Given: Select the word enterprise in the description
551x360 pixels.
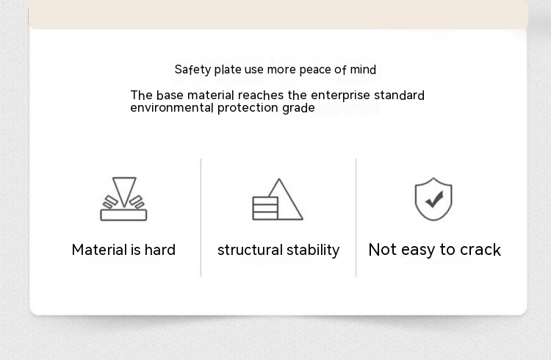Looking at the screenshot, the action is click(340, 96).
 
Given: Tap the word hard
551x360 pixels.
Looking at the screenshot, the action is click(160, 250).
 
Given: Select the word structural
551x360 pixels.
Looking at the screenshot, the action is click(245, 250).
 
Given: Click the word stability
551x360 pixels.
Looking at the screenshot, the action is click(308, 251).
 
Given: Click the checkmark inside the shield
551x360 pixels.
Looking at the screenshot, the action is click(434, 199).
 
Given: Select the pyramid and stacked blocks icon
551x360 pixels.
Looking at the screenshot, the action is click(278, 199).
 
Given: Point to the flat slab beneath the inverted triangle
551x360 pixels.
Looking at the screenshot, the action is click(123, 215).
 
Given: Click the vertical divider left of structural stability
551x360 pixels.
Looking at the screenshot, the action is click(201, 217).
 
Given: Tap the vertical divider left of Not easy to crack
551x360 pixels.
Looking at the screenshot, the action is click(356, 217).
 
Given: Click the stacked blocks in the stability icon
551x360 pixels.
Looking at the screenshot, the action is click(265, 209).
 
